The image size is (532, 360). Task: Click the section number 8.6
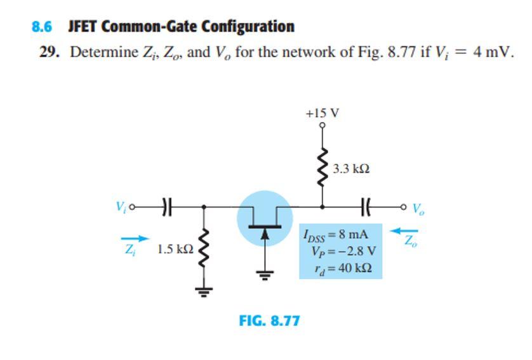pyautogui.click(x=41, y=27)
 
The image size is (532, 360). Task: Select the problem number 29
pyautogui.click(x=49, y=51)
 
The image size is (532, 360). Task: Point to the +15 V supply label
pyautogui.click(x=322, y=113)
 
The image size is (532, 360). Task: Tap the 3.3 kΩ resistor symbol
pyautogui.click(x=323, y=169)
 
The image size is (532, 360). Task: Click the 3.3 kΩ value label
pyautogui.click(x=351, y=169)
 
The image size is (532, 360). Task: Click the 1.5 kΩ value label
pyautogui.click(x=175, y=250)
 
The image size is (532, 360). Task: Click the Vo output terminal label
pyautogui.click(x=416, y=208)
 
